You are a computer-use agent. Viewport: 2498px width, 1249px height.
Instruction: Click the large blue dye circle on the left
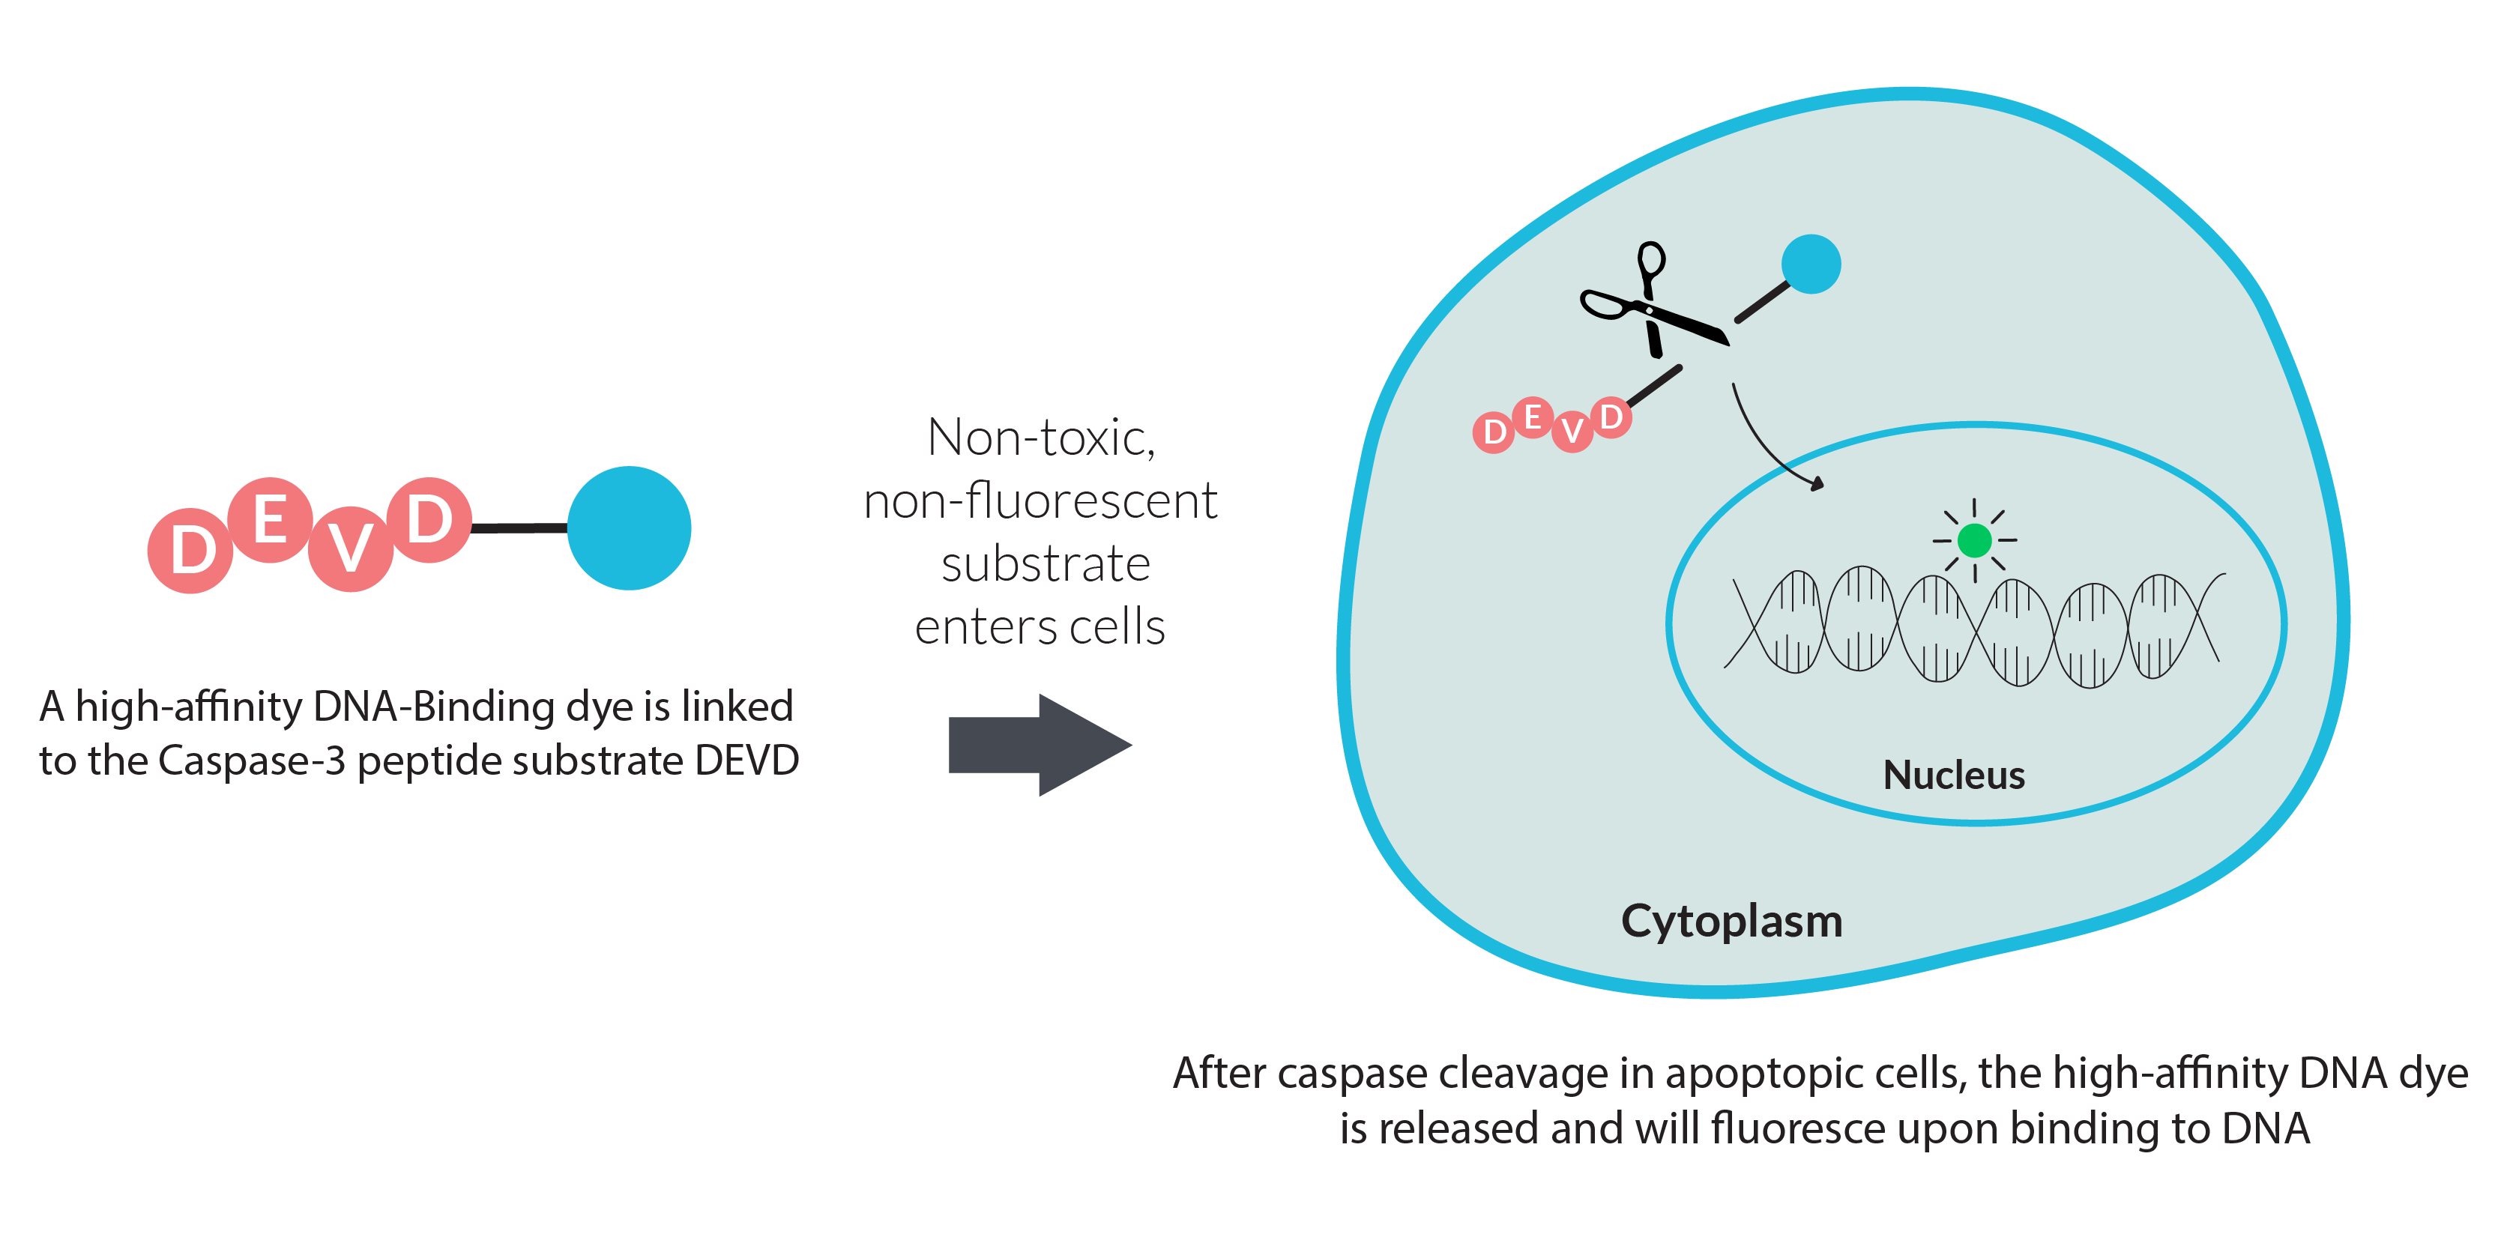tap(628, 527)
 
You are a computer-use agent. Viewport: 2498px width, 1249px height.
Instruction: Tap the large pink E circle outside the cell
tap(271, 520)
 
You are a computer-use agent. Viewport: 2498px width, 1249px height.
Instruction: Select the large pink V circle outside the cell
tap(350, 549)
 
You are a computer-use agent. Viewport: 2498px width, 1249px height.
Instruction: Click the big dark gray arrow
tap(1037, 745)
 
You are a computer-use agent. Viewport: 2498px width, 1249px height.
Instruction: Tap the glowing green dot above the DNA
tap(1973, 540)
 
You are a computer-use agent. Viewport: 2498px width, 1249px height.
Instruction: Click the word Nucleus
tap(1953, 775)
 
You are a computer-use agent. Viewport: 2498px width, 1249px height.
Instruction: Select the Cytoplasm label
tap(1731, 920)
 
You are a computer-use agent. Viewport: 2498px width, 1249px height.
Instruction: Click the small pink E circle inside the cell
tap(1532, 418)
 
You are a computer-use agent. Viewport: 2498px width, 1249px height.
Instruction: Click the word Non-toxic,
tap(1040, 438)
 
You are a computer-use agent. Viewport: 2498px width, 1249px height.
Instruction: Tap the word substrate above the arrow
tap(1044, 563)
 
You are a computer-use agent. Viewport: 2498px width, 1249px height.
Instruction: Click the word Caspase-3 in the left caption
tap(251, 760)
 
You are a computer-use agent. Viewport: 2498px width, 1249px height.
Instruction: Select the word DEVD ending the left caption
tap(746, 760)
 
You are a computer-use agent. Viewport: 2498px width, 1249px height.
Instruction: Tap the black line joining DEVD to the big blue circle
tap(519, 528)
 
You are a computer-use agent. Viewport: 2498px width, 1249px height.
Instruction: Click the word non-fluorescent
tap(1040, 500)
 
